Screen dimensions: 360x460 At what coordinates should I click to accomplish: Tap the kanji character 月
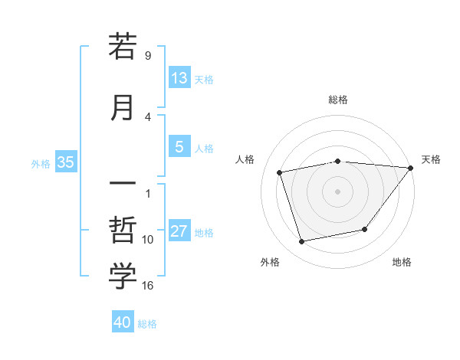[x=123, y=107]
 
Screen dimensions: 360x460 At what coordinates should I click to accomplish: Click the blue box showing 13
[x=179, y=78]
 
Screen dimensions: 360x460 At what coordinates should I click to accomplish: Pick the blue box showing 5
[x=179, y=148]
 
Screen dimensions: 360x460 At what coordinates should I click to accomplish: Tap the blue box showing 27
[x=179, y=232]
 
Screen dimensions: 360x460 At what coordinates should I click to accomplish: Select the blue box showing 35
[x=65, y=162]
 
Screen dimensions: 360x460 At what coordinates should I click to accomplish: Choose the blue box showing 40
[x=123, y=323]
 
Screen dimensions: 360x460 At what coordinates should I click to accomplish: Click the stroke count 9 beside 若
[x=147, y=56]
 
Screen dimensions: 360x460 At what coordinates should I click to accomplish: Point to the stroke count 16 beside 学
[x=148, y=286]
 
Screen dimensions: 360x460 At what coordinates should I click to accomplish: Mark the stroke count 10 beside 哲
[x=148, y=240]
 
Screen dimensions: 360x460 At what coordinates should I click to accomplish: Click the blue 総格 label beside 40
[x=147, y=324]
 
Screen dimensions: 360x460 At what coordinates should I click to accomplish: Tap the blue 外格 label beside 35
[x=41, y=163]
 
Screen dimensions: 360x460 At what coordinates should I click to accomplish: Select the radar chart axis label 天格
[x=431, y=159]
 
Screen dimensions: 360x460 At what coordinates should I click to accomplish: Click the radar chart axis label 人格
[x=245, y=159]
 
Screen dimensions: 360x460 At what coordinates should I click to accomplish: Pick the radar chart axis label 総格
[x=338, y=100]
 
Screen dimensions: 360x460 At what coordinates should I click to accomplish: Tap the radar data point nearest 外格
[x=302, y=242]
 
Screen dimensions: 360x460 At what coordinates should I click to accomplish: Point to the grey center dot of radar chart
[x=338, y=191]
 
